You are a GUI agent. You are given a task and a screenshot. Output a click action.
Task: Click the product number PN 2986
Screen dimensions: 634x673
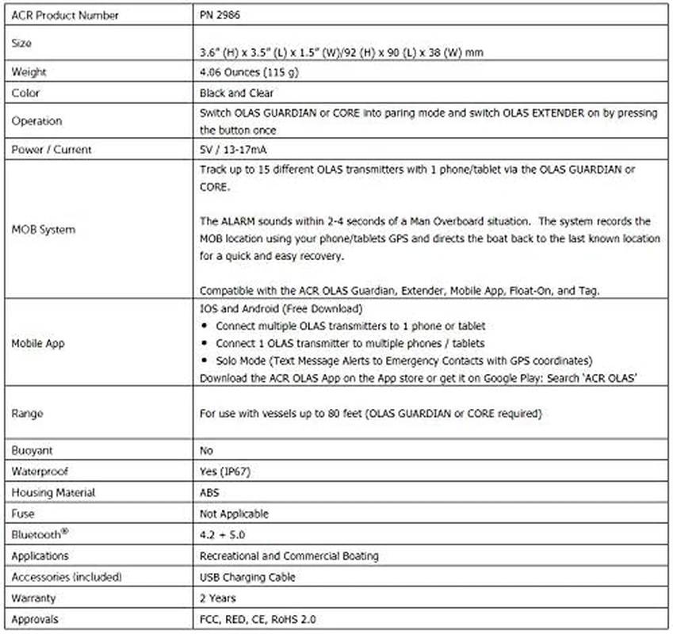click(218, 15)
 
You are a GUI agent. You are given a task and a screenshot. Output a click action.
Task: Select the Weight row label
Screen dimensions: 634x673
click(29, 72)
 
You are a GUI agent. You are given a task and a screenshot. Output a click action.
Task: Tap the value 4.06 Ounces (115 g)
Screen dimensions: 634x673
click(248, 72)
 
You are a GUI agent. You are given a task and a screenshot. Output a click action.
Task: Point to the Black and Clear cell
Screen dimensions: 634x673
click(236, 93)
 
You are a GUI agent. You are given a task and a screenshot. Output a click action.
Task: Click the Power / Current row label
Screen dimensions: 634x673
click(52, 150)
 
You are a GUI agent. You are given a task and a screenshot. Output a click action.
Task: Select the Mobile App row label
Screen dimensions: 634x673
click(39, 344)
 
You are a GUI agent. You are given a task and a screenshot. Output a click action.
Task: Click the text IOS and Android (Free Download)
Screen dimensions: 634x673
click(281, 309)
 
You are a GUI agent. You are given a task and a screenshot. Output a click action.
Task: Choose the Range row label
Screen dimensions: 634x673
click(27, 413)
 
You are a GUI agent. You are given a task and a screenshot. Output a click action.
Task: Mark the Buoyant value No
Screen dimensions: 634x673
click(208, 450)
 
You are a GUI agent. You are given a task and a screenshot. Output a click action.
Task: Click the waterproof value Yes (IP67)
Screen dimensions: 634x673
click(228, 472)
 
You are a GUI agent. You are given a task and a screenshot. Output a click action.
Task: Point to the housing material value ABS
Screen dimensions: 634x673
click(211, 493)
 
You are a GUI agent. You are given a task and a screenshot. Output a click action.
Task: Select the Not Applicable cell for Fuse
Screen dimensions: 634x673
click(235, 514)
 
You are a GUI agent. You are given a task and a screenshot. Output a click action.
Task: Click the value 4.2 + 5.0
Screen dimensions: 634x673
click(224, 535)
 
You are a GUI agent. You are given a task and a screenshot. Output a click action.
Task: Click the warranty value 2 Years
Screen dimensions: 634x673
click(218, 598)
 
